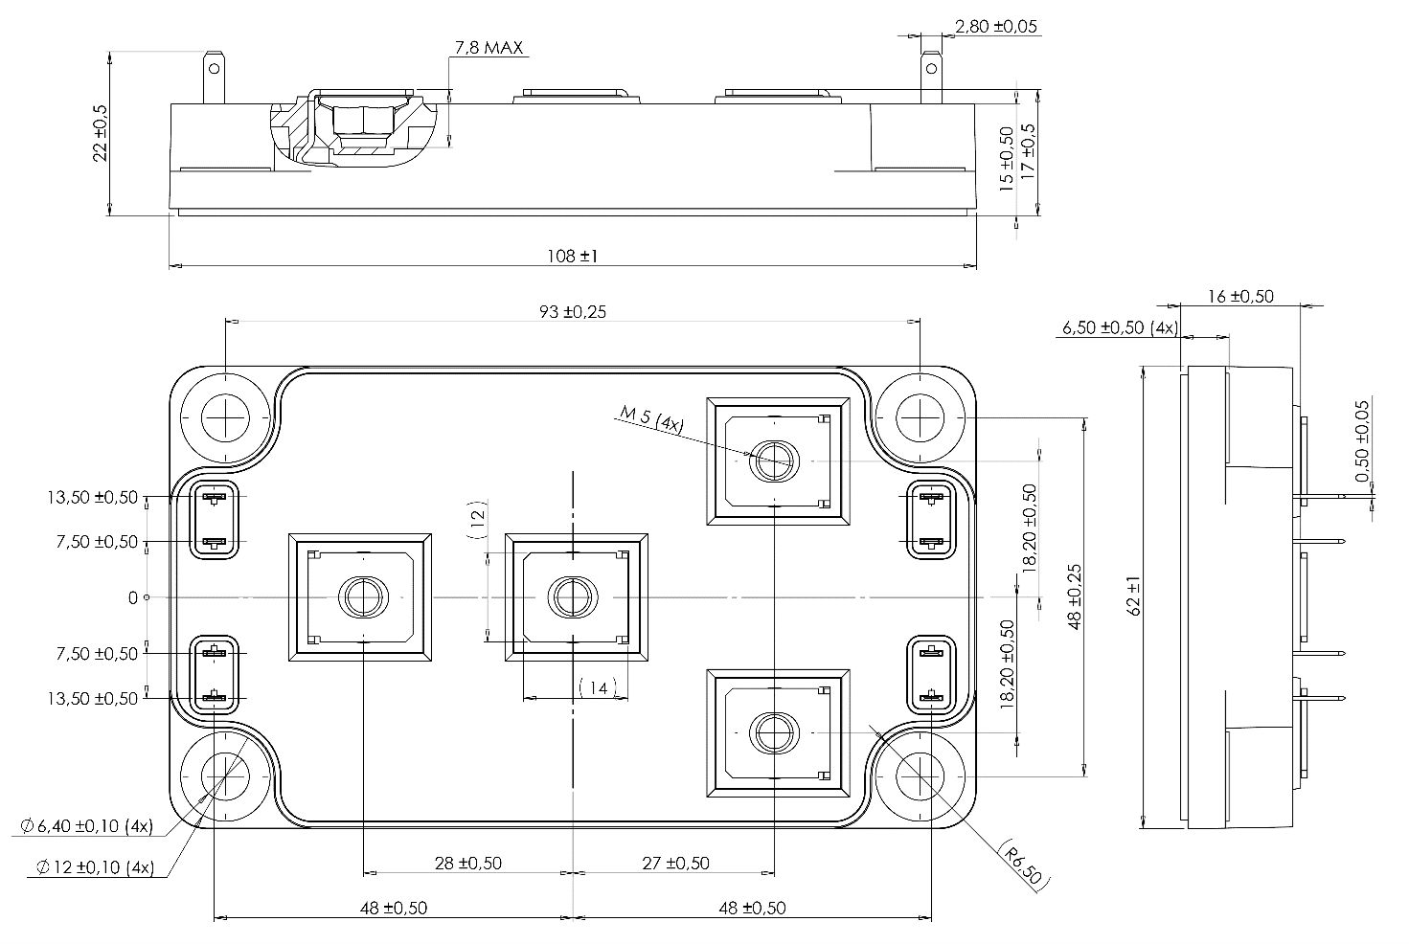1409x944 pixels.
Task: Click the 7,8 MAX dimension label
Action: tap(489, 47)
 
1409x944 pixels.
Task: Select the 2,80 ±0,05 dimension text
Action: tap(996, 27)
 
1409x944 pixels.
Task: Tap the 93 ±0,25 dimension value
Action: tap(571, 311)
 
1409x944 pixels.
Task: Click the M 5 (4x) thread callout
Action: tap(651, 419)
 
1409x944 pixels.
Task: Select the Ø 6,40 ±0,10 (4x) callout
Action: tap(86, 826)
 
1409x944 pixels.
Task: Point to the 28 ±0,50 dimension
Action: tap(467, 863)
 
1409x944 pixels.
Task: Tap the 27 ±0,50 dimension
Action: tap(675, 863)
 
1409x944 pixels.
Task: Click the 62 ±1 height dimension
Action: tap(1135, 596)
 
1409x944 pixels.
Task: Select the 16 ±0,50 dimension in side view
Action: tap(1239, 296)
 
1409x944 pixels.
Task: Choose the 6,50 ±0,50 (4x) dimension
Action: tap(1119, 327)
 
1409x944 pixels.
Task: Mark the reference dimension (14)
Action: tap(598, 687)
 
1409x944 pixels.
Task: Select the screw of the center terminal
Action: tap(571, 597)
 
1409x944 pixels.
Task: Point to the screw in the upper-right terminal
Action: tap(772, 461)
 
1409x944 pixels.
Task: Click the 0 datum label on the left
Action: tap(132, 597)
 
